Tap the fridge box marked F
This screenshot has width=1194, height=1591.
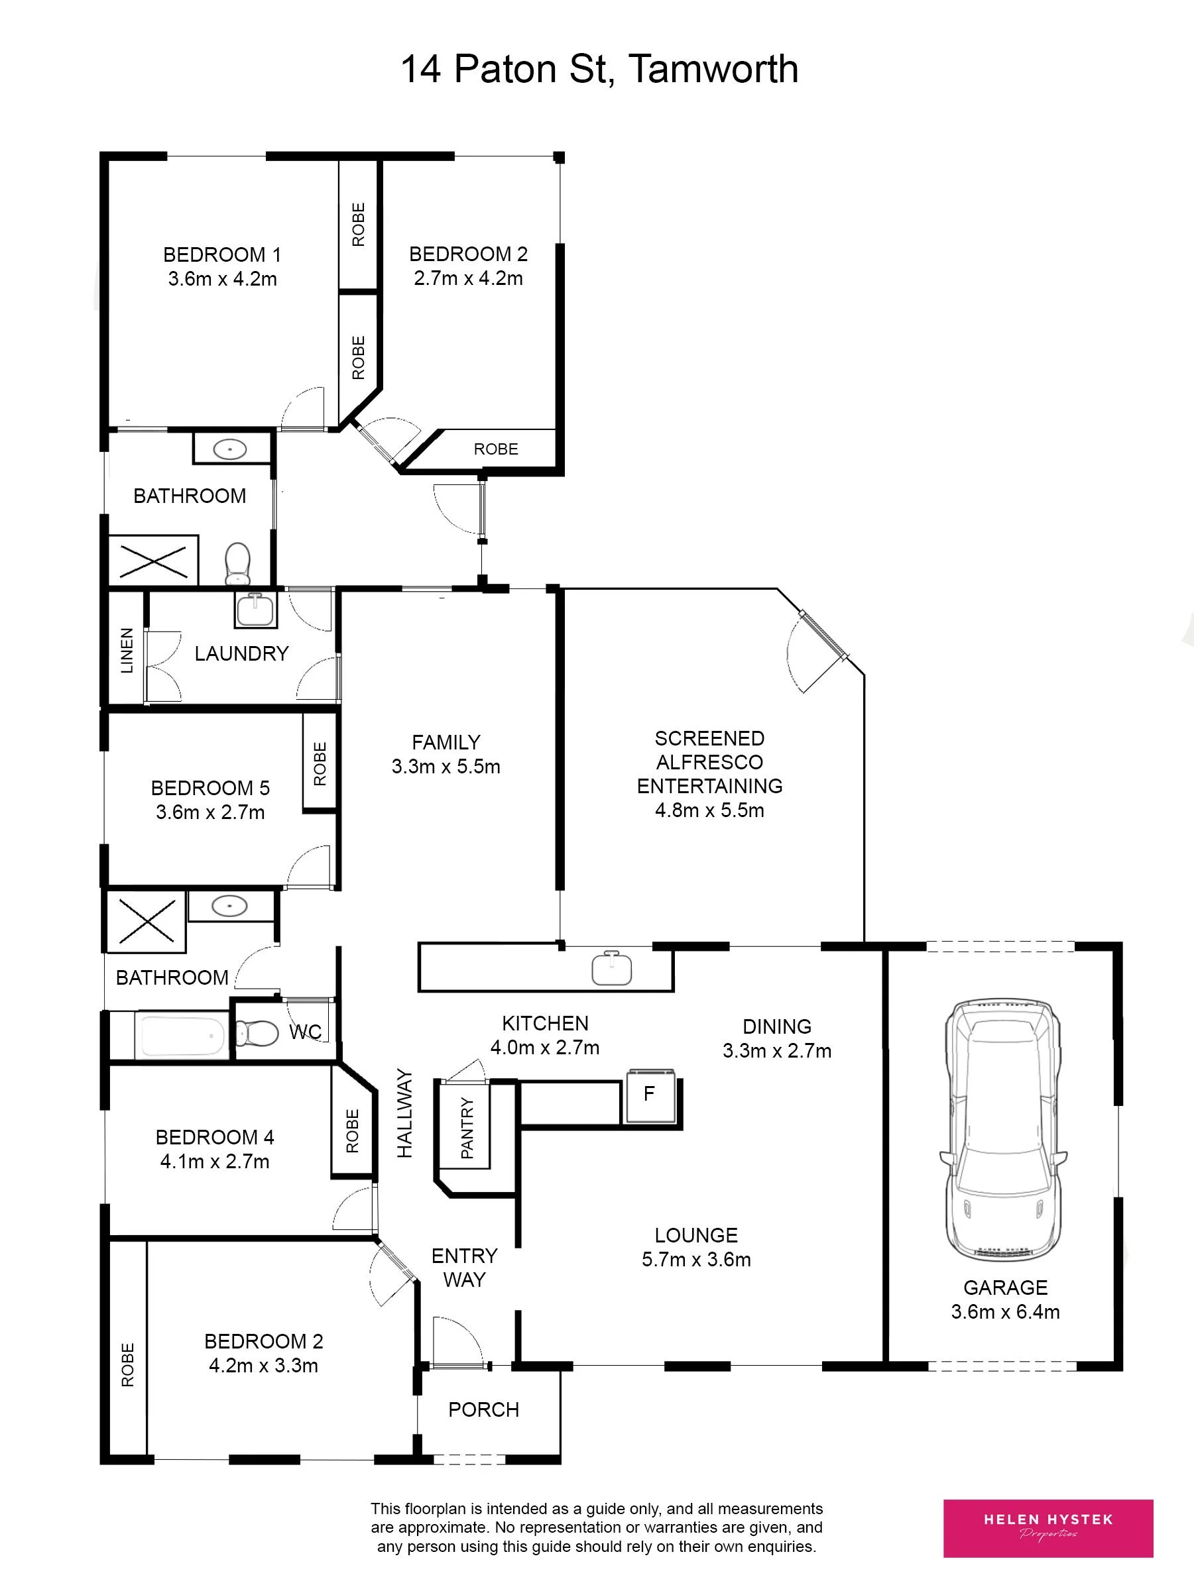click(650, 1095)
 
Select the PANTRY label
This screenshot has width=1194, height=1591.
click(466, 1128)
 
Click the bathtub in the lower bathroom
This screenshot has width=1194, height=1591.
click(183, 1035)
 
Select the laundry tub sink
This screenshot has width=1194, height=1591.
click(255, 608)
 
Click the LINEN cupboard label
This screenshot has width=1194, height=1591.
click(127, 650)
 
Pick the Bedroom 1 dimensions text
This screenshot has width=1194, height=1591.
click(222, 279)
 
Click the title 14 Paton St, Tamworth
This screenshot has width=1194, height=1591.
click(599, 70)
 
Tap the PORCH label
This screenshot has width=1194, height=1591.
click(484, 1409)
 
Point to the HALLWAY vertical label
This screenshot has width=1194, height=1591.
click(404, 1113)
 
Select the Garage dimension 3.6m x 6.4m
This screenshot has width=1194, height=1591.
click(1006, 1312)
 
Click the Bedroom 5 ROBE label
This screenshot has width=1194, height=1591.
click(320, 763)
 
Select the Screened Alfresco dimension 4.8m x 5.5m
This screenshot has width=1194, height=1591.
click(709, 810)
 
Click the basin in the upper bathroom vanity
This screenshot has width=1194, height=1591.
click(230, 450)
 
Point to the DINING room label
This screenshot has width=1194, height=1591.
click(777, 1026)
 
